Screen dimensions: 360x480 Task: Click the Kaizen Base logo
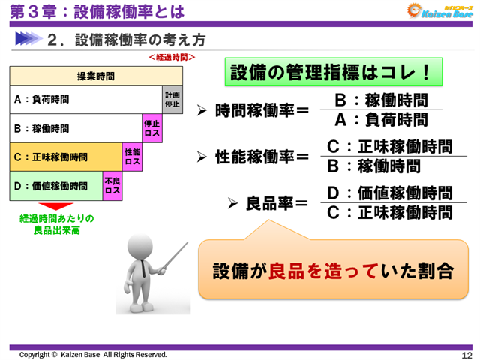point(439,10)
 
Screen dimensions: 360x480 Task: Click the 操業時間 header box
point(96,76)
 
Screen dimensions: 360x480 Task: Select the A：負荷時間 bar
point(85,99)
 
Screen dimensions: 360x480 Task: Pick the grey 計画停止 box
point(172,99)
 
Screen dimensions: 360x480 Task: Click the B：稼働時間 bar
point(75,128)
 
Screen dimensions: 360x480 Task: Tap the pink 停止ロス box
point(152,128)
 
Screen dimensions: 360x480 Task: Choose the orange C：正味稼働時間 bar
point(66,157)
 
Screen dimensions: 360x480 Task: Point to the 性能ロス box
point(133,157)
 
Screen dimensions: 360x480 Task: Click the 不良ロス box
point(112,187)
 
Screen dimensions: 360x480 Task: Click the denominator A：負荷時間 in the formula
point(381,120)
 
